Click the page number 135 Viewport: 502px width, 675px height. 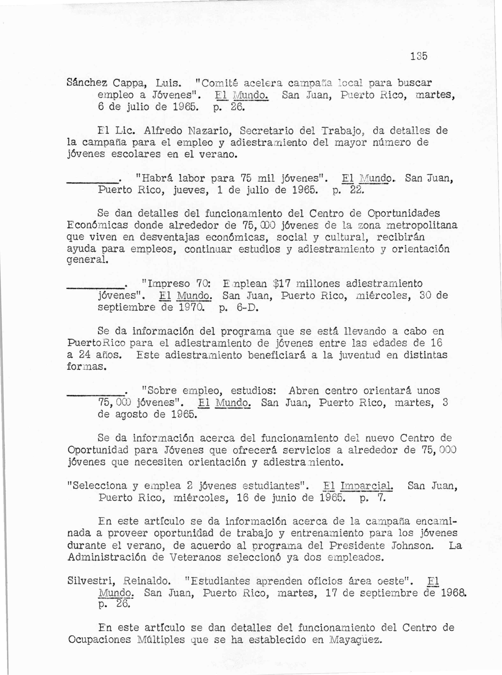[x=419, y=56]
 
